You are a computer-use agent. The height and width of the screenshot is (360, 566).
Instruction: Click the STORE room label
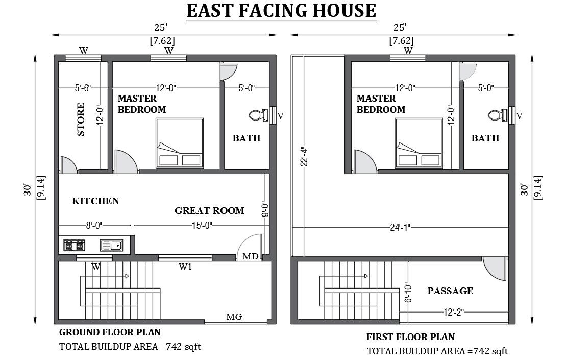[81, 119]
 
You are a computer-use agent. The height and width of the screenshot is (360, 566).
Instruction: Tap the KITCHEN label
[95, 201]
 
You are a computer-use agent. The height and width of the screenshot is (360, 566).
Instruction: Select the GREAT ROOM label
[209, 210]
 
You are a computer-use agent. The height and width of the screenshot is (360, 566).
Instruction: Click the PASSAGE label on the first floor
[450, 291]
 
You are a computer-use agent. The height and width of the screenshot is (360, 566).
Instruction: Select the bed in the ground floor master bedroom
[180, 143]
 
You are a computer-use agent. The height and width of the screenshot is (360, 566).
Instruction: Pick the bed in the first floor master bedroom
[419, 143]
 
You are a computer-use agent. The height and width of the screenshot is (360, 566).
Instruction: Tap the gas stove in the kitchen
[75, 246]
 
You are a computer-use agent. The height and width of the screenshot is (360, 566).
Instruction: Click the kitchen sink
[112, 246]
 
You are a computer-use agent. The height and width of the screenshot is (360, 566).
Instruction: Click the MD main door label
[251, 256]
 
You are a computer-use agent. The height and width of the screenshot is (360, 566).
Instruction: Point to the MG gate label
[234, 317]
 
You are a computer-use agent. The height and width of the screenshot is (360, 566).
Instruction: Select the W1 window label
[185, 267]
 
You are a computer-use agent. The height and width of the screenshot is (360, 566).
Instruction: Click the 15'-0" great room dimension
[202, 226]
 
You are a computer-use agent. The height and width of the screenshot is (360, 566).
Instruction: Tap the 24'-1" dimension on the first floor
[400, 227]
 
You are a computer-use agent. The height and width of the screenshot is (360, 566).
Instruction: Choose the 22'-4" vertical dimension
[304, 157]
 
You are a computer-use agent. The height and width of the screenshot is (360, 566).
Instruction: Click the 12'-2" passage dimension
[453, 312]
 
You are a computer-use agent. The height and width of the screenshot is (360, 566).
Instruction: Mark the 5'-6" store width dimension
[83, 88]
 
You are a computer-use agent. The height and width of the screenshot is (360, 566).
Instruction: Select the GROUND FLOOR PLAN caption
[110, 332]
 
